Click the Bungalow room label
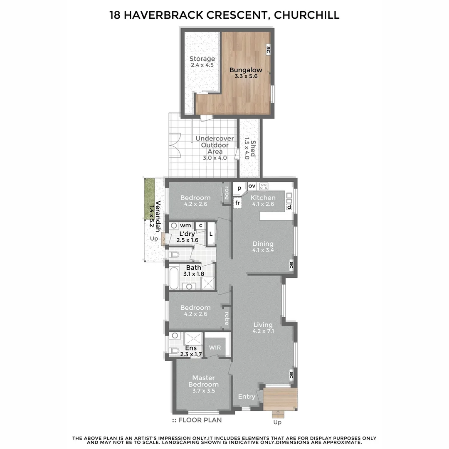246,74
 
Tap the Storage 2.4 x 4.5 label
202,62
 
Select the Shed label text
249,149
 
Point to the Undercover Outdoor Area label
215,148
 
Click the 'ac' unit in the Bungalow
268,50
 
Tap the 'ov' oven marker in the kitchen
252,186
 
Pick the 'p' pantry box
239,188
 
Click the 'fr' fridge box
238,203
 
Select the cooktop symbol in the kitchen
264,186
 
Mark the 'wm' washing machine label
185,225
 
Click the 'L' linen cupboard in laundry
211,234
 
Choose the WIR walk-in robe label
215,347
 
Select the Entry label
247,397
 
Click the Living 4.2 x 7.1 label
263,328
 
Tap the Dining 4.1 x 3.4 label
263,247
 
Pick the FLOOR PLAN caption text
200,420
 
